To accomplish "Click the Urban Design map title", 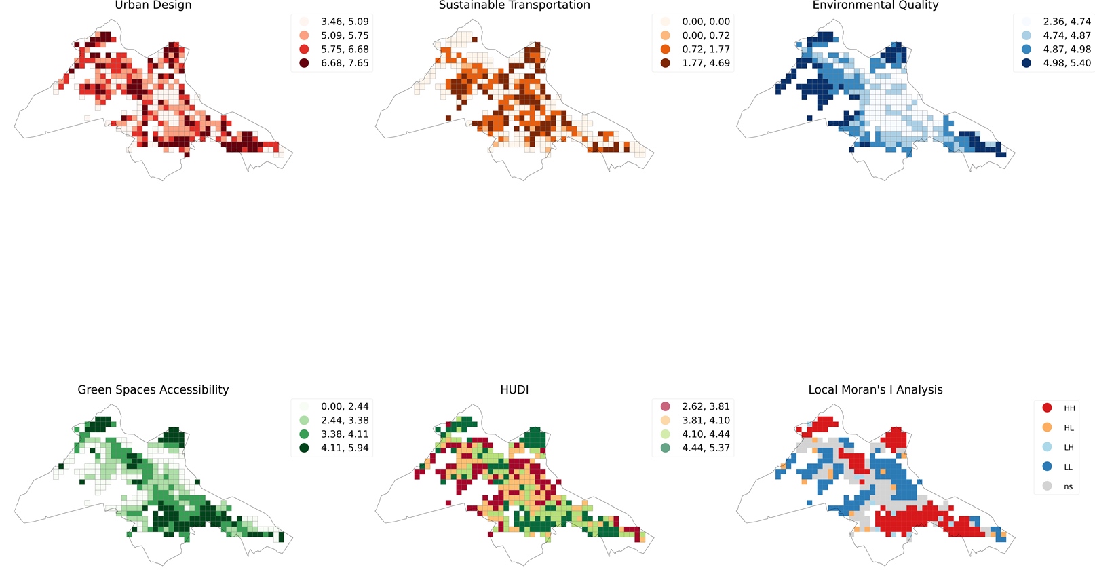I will click(153, 5).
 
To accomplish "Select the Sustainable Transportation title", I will click(514, 5).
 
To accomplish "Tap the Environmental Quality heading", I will click(875, 5).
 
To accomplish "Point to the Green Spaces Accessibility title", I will click(153, 389).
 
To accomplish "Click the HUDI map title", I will click(514, 389).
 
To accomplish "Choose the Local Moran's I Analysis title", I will click(875, 389).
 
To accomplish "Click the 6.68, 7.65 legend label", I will click(345, 63).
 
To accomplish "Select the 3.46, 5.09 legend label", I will click(345, 22).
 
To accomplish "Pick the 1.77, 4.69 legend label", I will click(706, 63).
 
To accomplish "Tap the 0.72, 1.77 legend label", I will click(706, 50).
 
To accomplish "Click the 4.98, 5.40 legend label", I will click(1067, 63).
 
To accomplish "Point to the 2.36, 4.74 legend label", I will click(1067, 22).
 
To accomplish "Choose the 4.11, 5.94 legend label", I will click(345, 448).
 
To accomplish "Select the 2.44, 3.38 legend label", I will click(345, 420).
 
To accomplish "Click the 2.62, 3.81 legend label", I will click(706, 406).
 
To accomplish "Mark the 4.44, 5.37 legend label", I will click(706, 448).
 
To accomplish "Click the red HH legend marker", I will click(1047, 408).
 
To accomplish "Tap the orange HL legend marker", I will click(1047, 427).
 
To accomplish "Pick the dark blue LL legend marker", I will click(1047, 467).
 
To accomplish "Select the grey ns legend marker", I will click(1047, 486).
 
